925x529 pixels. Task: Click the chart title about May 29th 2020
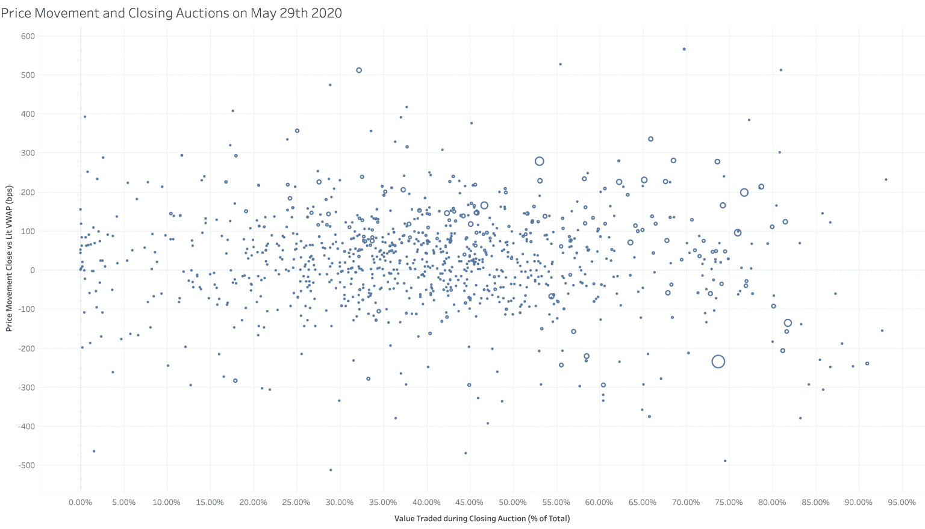[x=172, y=13]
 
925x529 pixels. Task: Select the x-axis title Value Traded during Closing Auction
[x=482, y=518]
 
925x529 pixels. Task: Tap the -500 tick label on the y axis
[x=26, y=465]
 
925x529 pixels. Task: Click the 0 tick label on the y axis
[x=33, y=270]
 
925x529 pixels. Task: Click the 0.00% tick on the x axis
[x=80, y=503]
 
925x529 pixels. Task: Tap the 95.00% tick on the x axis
[x=902, y=503]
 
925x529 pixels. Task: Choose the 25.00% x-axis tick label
[x=296, y=503]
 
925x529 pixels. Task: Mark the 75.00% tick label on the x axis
[x=729, y=503]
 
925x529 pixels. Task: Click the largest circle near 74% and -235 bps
[x=718, y=362]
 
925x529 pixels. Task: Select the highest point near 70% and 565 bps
[x=684, y=49]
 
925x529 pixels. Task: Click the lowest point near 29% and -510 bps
[x=331, y=470]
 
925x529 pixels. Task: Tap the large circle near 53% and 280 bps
[x=540, y=161]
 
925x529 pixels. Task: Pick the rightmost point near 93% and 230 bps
[x=886, y=179]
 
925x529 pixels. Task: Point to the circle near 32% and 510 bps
[x=359, y=70]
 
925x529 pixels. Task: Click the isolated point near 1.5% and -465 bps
[x=94, y=451]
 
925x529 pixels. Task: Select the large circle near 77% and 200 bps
[x=744, y=193]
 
